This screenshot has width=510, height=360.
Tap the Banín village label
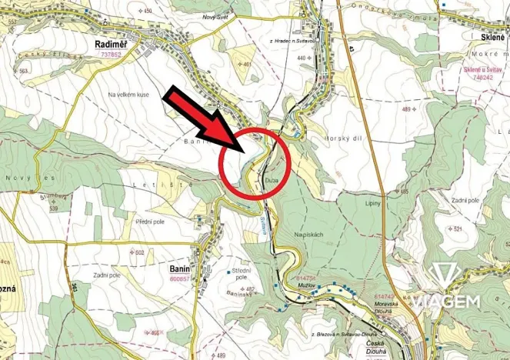click(179, 270)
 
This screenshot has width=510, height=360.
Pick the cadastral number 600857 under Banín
click(179, 279)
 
